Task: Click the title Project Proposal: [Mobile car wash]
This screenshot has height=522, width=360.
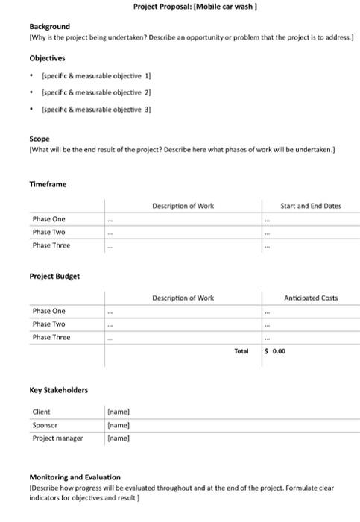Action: tap(195, 7)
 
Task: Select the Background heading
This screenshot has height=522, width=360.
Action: tap(49, 26)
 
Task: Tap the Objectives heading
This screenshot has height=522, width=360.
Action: tap(47, 57)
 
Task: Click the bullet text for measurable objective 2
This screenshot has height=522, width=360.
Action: tap(97, 92)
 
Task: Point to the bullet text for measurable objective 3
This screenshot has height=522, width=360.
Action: tap(97, 109)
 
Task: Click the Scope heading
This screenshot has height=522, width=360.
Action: tap(40, 139)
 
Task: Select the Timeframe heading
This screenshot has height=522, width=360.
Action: tap(48, 184)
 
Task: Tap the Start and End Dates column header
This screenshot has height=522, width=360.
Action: tap(310, 205)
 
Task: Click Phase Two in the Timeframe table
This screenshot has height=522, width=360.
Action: tap(48, 232)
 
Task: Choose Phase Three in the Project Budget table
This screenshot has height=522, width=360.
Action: tap(51, 337)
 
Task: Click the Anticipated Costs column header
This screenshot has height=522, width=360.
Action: tap(310, 298)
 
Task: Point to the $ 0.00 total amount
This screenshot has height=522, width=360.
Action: tap(275, 350)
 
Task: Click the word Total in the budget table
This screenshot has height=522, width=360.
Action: tap(241, 350)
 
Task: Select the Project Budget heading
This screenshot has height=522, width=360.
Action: tap(54, 276)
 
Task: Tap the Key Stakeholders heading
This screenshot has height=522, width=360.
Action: tap(58, 390)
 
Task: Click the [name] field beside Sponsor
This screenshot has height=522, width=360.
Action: tap(119, 425)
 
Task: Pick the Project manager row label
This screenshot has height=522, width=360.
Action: tap(57, 438)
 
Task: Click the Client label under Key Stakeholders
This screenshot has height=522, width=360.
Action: tap(42, 412)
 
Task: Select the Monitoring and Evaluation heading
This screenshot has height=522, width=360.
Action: tap(75, 477)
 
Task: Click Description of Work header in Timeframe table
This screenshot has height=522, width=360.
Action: tap(183, 205)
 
